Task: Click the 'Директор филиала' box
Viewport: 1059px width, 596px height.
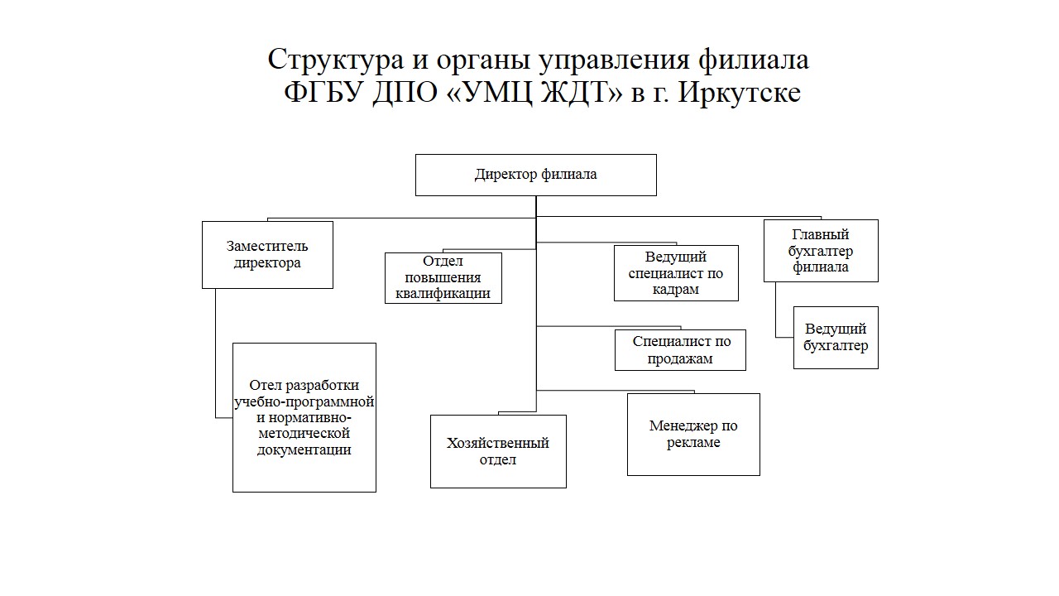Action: [535, 175]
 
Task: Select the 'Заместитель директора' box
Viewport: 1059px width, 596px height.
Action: [267, 255]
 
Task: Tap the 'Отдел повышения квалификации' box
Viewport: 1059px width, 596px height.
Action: [443, 278]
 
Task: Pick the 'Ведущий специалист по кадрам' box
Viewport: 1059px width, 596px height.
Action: [676, 273]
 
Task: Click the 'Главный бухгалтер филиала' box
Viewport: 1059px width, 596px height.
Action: [821, 251]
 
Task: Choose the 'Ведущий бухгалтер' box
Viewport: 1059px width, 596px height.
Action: [836, 338]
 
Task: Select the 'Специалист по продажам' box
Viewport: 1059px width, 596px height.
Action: [680, 350]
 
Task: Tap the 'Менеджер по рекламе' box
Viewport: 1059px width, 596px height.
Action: [693, 435]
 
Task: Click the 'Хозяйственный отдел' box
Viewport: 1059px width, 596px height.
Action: [498, 451]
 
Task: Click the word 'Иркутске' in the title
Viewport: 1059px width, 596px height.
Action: [740, 93]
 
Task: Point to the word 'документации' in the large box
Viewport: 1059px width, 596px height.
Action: [304, 449]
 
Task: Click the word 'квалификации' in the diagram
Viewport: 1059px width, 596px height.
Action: [443, 294]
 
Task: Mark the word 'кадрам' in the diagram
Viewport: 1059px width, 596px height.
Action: [676, 290]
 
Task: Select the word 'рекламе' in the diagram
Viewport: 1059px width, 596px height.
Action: [693, 443]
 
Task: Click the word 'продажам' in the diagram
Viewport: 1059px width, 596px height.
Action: [680, 359]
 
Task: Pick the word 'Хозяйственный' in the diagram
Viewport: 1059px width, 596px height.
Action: [498, 443]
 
